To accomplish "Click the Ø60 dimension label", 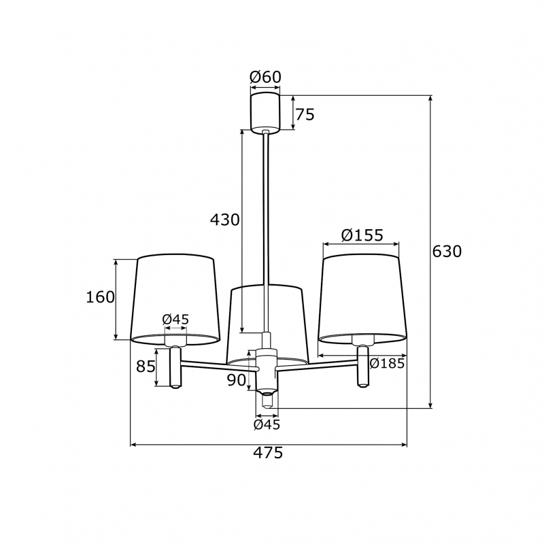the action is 265,77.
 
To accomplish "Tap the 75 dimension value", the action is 305,114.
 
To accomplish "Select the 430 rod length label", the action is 225,220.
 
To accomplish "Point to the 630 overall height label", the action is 447,251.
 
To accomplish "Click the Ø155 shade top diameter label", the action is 362,235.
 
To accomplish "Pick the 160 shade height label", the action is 100,297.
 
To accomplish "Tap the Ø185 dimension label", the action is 387,363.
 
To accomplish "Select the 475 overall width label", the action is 268,453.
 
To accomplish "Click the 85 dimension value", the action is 146,366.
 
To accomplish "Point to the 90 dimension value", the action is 237,380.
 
